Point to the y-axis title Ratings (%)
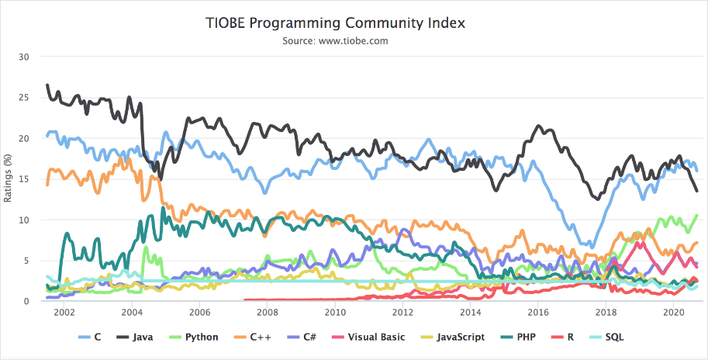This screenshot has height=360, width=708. point(9,179)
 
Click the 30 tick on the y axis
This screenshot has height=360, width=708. point(23,57)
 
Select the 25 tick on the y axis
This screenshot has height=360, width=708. point(23,98)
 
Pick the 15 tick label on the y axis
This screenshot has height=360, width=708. point(23,179)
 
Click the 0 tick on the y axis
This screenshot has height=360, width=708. point(26,301)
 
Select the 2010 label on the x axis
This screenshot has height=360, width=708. point(335,313)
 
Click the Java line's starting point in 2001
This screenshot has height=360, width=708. point(47,85)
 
